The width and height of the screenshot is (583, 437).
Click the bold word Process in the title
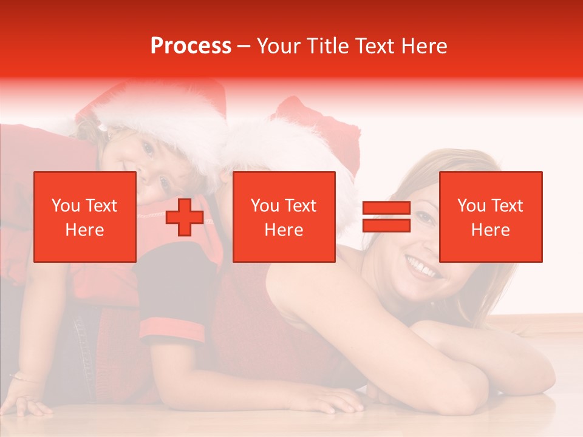pyautogui.click(x=191, y=46)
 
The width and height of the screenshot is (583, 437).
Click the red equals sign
pyautogui.click(x=386, y=217)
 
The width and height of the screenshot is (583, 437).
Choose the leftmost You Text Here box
pyautogui.click(x=84, y=217)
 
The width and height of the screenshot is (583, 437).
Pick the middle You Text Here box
pyautogui.click(x=284, y=217)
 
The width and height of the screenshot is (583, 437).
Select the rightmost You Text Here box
pyautogui.click(x=490, y=217)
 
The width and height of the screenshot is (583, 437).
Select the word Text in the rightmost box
pyautogui.click(x=505, y=206)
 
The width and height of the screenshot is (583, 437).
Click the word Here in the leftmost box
pyautogui.click(x=84, y=230)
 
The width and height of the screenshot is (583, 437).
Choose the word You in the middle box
pyautogui.click(x=265, y=206)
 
